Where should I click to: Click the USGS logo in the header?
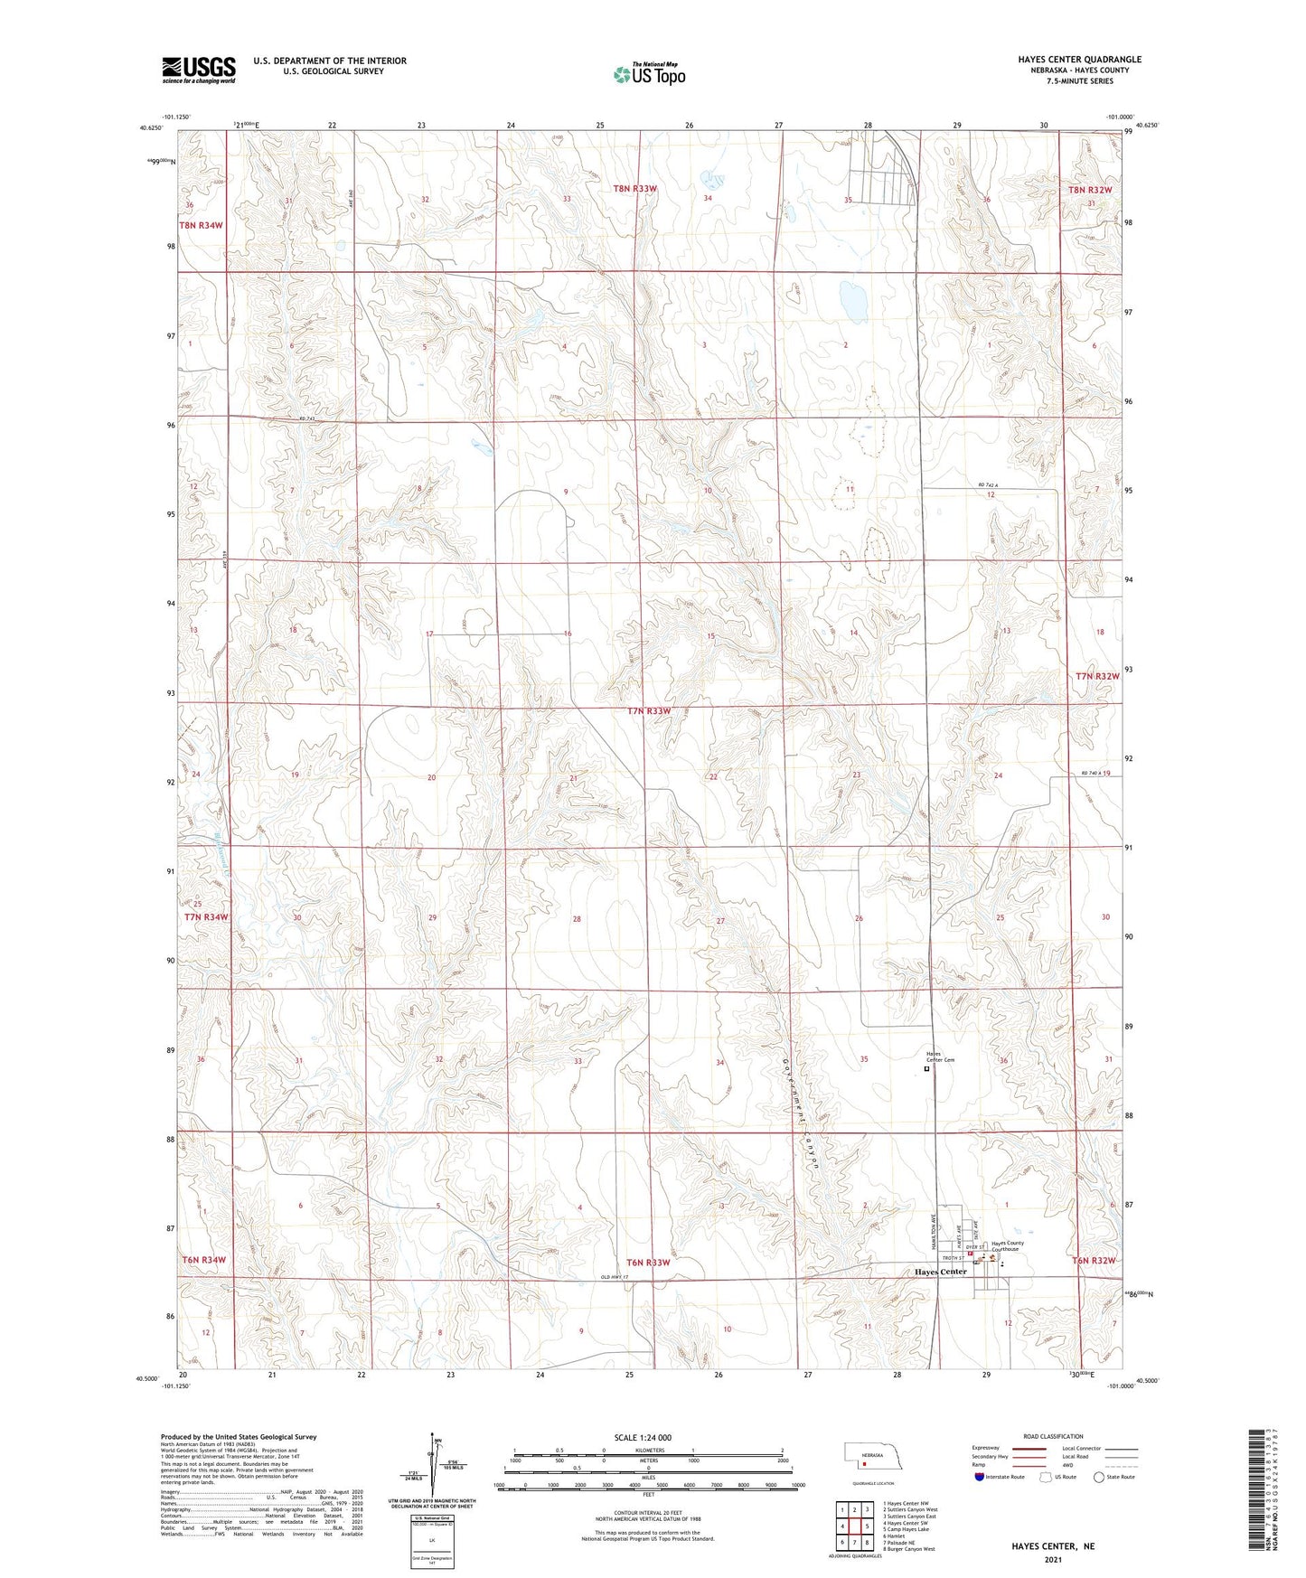click(198, 69)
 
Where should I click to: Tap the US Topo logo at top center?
click(648, 74)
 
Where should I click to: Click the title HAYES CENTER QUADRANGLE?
click(1079, 60)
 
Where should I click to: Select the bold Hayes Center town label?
click(940, 1272)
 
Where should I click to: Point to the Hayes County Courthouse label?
click(1007, 1246)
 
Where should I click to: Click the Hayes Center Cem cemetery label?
click(940, 1057)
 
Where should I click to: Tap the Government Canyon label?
click(803, 1114)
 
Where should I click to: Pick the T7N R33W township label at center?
click(649, 711)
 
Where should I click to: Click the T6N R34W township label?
click(202, 1259)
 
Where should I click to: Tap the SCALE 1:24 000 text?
click(643, 1437)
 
